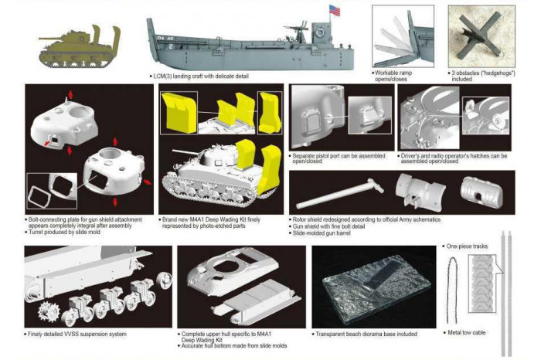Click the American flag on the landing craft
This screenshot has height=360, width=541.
334,11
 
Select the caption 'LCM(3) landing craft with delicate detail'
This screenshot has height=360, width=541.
202,77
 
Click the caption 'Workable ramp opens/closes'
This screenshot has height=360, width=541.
395,76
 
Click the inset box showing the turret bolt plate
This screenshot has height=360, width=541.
49,192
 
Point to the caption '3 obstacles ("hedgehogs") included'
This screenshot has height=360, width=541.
478,76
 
